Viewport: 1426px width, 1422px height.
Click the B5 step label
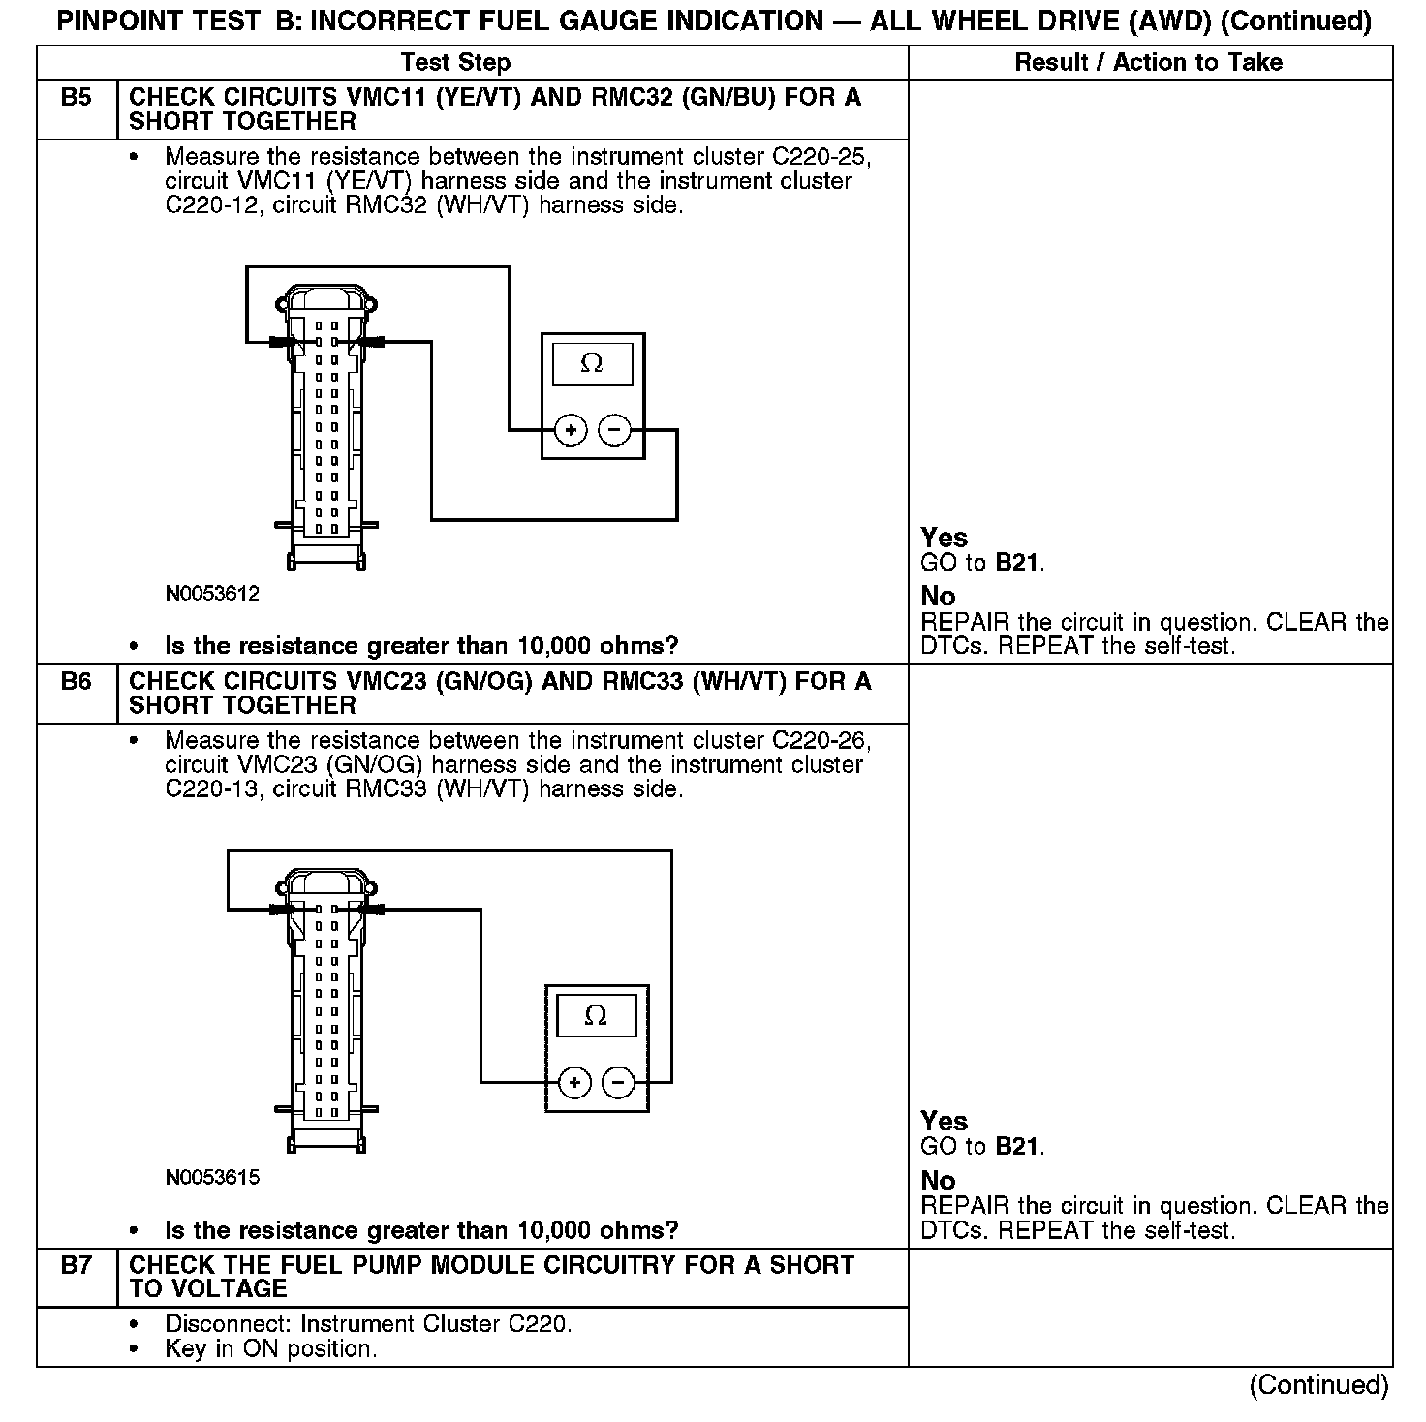(x=76, y=98)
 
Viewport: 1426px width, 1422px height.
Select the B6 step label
(x=76, y=682)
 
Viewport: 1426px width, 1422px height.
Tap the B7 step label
(x=76, y=1265)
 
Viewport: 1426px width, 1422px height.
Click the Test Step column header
(x=455, y=63)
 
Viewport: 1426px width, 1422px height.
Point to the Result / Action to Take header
(x=1148, y=63)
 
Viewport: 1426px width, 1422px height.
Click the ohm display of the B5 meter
(x=592, y=363)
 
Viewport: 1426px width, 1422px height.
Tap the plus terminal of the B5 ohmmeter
(x=572, y=430)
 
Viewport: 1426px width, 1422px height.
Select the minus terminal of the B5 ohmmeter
(x=614, y=430)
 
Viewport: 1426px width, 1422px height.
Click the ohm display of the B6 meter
(x=596, y=1016)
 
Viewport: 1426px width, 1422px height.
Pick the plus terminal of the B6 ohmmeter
(x=574, y=1082)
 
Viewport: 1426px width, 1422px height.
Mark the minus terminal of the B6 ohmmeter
(x=618, y=1082)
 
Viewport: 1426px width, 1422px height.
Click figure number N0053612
(x=212, y=594)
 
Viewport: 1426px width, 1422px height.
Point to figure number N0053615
(x=212, y=1178)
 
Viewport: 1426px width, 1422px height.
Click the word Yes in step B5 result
(x=944, y=538)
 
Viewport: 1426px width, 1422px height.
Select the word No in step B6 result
(x=938, y=1181)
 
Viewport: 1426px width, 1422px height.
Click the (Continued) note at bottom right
(x=1318, y=1385)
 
